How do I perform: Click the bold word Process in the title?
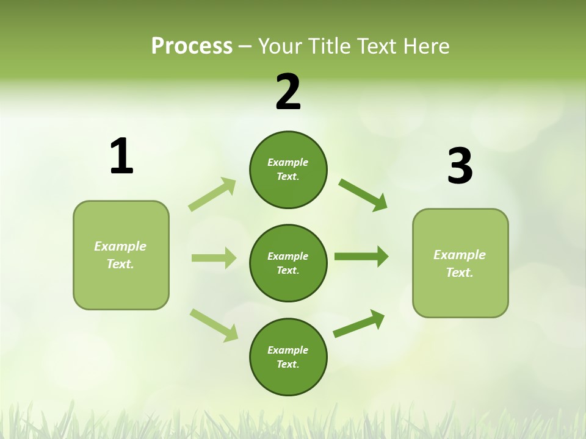pos(192,46)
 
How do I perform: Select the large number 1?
pos(121,157)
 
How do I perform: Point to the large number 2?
pos(288,92)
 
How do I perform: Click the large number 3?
pos(460,166)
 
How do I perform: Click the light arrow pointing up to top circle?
pos(212,194)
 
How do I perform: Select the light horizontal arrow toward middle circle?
pos(214,258)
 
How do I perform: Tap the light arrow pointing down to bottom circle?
pos(214,324)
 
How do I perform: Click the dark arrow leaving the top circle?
pos(363,195)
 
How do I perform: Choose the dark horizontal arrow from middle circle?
pos(361,257)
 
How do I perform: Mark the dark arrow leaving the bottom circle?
pos(359,324)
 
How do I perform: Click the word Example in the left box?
pos(120,246)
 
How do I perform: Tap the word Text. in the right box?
pos(460,273)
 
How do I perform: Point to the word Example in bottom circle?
pos(288,350)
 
